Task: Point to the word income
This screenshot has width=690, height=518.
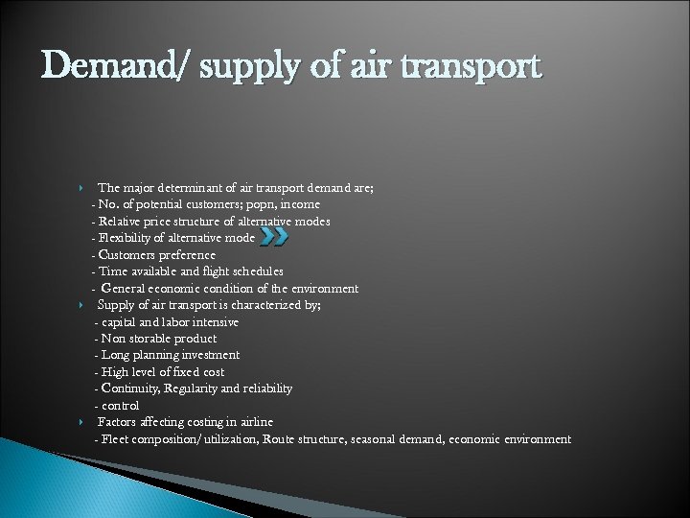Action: click(x=301, y=204)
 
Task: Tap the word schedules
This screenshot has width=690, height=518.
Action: click(x=256, y=271)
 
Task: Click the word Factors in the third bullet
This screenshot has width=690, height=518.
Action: click(x=117, y=422)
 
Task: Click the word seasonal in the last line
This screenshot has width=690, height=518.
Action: click(x=396, y=439)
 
